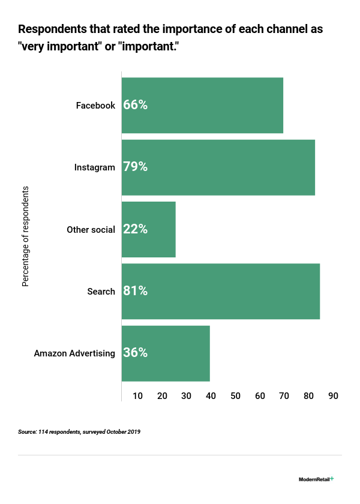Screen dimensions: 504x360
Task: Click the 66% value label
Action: click(x=135, y=105)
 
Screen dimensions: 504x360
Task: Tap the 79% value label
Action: click(x=135, y=167)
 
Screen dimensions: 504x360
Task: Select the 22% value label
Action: click(x=135, y=229)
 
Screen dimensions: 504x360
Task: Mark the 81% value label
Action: click(x=135, y=291)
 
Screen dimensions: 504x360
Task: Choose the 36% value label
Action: click(x=135, y=353)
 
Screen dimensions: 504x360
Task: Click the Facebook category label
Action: click(x=95, y=106)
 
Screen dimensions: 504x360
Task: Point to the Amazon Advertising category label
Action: click(x=74, y=353)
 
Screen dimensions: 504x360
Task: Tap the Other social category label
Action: click(x=91, y=229)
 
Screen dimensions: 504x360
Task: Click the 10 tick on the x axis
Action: click(x=138, y=396)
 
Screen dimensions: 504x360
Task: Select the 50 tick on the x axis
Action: click(x=235, y=396)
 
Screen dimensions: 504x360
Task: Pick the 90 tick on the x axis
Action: click(x=333, y=396)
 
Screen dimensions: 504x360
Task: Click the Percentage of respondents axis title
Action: click(x=26, y=236)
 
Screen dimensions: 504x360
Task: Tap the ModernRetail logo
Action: click(x=316, y=479)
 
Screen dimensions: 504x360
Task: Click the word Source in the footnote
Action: click(x=28, y=432)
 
